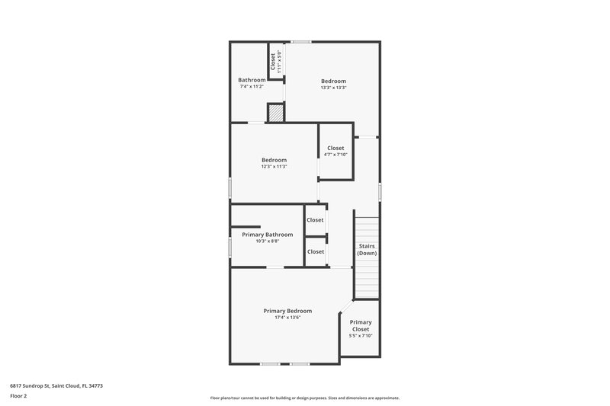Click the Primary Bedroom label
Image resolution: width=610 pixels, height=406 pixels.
[287, 311]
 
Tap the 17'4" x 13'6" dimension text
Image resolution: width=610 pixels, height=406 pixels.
[287, 318]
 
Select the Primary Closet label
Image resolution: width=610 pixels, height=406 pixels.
[361, 325]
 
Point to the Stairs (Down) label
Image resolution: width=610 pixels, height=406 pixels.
[368, 249]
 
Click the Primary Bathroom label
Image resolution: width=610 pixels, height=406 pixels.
[268, 235]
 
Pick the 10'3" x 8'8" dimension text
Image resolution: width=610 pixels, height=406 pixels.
[268, 241]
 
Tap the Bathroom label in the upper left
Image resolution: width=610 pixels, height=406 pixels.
[252, 80]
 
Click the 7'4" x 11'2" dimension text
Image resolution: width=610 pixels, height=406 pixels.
[252, 87]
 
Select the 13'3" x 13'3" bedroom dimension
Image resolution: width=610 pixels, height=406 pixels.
[333, 88]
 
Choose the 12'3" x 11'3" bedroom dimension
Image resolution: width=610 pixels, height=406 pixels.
[274, 167]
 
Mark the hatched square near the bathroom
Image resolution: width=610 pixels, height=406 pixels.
[275, 113]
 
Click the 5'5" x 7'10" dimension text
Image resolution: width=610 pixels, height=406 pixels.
[361, 336]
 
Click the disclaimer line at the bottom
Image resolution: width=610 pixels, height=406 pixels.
[304, 398]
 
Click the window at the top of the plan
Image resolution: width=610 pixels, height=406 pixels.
[300, 41]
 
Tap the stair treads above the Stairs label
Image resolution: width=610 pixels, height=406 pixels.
[368, 229]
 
